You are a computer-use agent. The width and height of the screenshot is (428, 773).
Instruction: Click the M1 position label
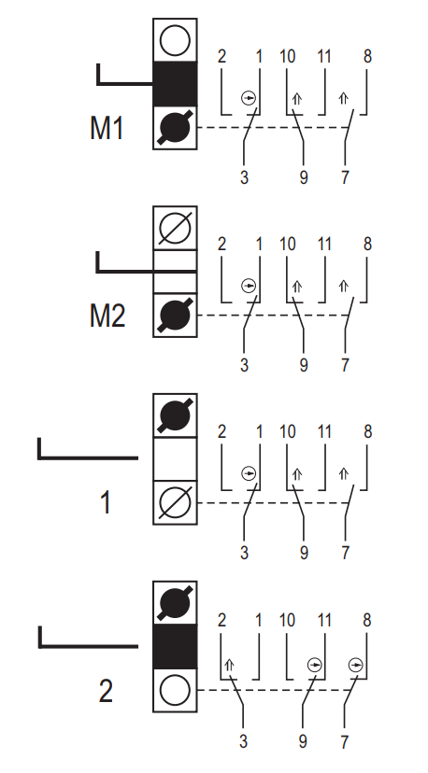(x=107, y=128)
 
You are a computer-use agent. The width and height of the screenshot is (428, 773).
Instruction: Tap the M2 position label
(x=107, y=316)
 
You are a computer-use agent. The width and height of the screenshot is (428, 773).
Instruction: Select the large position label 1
(x=106, y=503)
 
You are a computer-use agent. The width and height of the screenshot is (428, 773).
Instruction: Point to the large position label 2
(x=107, y=691)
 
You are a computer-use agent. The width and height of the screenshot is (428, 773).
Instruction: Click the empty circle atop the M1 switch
(x=176, y=40)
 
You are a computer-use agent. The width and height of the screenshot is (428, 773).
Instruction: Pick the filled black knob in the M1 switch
(x=176, y=128)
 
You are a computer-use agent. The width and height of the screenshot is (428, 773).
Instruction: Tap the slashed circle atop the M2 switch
(x=176, y=228)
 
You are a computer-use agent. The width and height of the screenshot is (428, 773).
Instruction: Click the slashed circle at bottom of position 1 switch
(x=176, y=503)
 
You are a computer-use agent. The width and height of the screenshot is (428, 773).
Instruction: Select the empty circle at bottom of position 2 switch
(x=176, y=690)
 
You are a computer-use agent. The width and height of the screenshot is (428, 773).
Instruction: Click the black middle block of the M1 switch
(x=176, y=84)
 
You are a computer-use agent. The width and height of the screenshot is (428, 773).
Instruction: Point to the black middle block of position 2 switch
(x=176, y=646)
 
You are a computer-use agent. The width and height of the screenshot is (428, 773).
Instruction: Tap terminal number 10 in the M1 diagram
(x=287, y=57)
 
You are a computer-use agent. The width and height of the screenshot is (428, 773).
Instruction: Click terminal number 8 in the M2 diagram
(x=367, y=244)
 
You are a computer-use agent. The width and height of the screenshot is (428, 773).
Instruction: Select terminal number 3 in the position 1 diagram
(x=244, y=553)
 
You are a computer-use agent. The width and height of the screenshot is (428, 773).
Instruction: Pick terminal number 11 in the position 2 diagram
(x=323, y=620)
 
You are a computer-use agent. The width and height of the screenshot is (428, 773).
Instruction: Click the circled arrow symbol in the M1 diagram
(x=249, y=99)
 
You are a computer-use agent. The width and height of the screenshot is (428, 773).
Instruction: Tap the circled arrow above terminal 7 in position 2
(x=355, y=666)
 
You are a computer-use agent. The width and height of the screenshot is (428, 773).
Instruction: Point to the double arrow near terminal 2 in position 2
(x=229, y=666)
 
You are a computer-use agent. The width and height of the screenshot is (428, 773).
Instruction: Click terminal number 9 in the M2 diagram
(x=304, y=365)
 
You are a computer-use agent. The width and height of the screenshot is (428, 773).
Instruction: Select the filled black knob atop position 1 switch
(x=176, y=415)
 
